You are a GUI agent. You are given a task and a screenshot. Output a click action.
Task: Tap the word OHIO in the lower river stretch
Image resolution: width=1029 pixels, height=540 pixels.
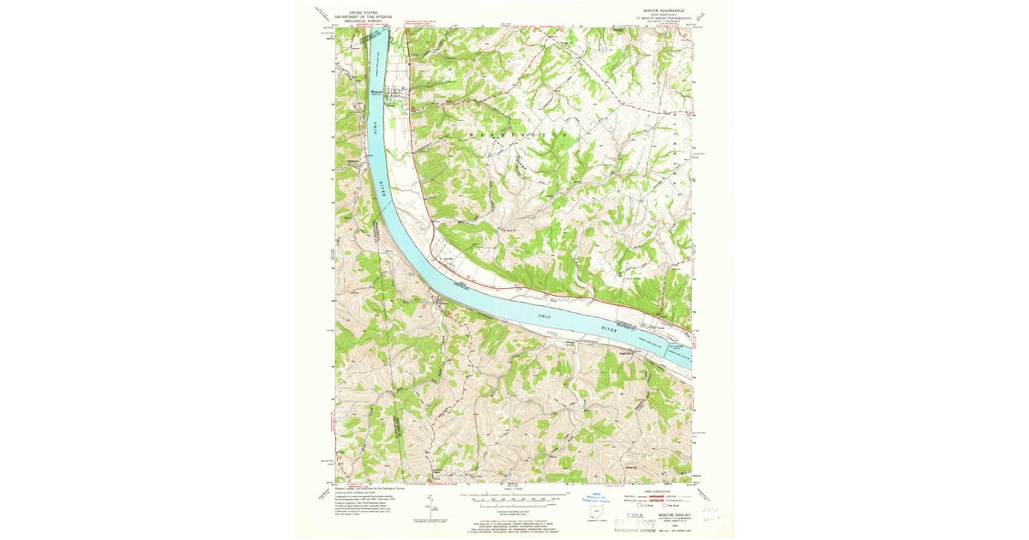coord(547,318)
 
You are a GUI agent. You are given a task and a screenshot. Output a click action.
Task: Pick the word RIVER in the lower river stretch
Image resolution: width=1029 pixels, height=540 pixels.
coord(609,327)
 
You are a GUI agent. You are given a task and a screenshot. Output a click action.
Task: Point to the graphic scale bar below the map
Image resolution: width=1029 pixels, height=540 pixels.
coord(514,496)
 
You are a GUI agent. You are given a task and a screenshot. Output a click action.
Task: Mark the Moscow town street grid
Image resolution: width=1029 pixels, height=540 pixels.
coord(400,94)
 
